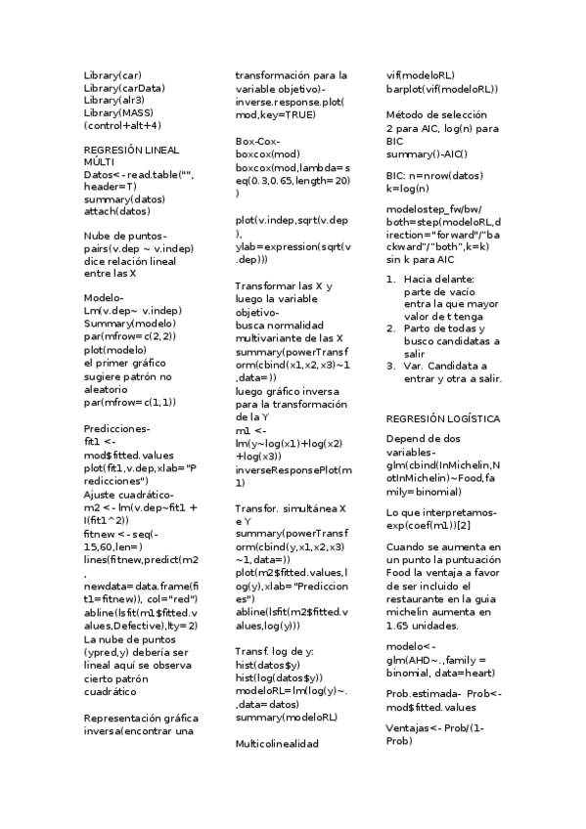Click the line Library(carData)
coord(124,88)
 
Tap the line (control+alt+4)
coord(122,125)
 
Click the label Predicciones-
coord(117,429)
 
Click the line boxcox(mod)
coord(268,154)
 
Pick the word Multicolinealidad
coord(277,743)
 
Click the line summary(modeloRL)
coord(287,718)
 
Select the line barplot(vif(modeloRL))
coord(442,89)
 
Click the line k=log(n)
coord(409,188)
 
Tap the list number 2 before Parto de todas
coord(391,328)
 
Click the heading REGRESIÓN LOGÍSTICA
coord(443,418)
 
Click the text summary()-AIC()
coord(427,153)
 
